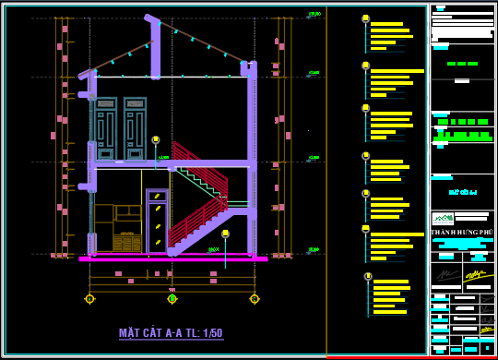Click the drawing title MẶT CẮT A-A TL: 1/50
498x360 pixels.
pos(171,333)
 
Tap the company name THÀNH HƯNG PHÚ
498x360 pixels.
pos(462,232)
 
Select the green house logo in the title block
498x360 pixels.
pos(443,219)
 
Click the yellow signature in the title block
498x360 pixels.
pos(476,274)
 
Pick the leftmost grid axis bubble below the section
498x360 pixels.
pos(89,298)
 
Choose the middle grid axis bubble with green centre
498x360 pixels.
pos(172,298)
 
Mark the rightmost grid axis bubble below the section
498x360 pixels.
pos(255,298)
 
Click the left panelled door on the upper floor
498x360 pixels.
pos(106,128)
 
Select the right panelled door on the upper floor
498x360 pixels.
pos(135,128)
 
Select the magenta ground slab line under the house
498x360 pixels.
pos(172,259)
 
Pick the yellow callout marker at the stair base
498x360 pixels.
pos(225,234)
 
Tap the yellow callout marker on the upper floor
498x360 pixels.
pos(156,140)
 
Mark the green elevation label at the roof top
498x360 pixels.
pos(314,15)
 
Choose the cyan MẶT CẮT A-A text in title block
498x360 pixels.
pos(462,192)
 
